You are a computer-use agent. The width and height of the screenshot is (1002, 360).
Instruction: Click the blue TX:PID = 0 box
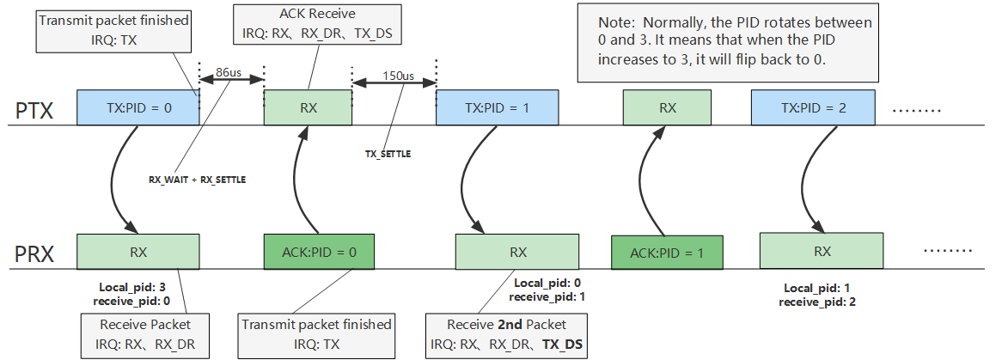pyautogui.click(x=137, y=109)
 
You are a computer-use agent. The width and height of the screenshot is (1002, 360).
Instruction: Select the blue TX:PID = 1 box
pyautogui.click(x=498, y=109)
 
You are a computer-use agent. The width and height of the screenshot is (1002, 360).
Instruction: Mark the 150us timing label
pyautogui.click(x=398, y=76)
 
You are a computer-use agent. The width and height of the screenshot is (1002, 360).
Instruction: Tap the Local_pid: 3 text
pyautogui.click(x=131, y=287)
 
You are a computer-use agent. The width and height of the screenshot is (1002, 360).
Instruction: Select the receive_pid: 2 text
pyautogui.click(x=816, y=302)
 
